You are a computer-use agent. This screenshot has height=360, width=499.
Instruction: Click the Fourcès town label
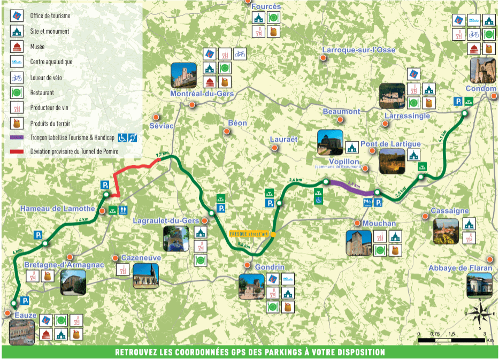point(266,6)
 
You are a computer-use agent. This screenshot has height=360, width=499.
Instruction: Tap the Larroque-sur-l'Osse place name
point(358,50)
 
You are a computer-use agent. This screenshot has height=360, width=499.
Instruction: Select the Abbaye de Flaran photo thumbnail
point(479,285)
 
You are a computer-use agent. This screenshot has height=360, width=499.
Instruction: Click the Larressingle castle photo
point(391,96)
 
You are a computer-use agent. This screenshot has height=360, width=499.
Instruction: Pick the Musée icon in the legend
point(17,47)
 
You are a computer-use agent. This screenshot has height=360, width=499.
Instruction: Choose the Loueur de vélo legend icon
point(17,78)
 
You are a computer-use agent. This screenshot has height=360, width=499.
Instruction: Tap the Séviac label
point(162,126)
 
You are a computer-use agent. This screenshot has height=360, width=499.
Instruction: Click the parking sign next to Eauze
point(25,302)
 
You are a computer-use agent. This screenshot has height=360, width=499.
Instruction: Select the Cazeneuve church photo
point(146,276)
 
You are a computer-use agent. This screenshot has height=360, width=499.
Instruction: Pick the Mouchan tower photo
point(358,243)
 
